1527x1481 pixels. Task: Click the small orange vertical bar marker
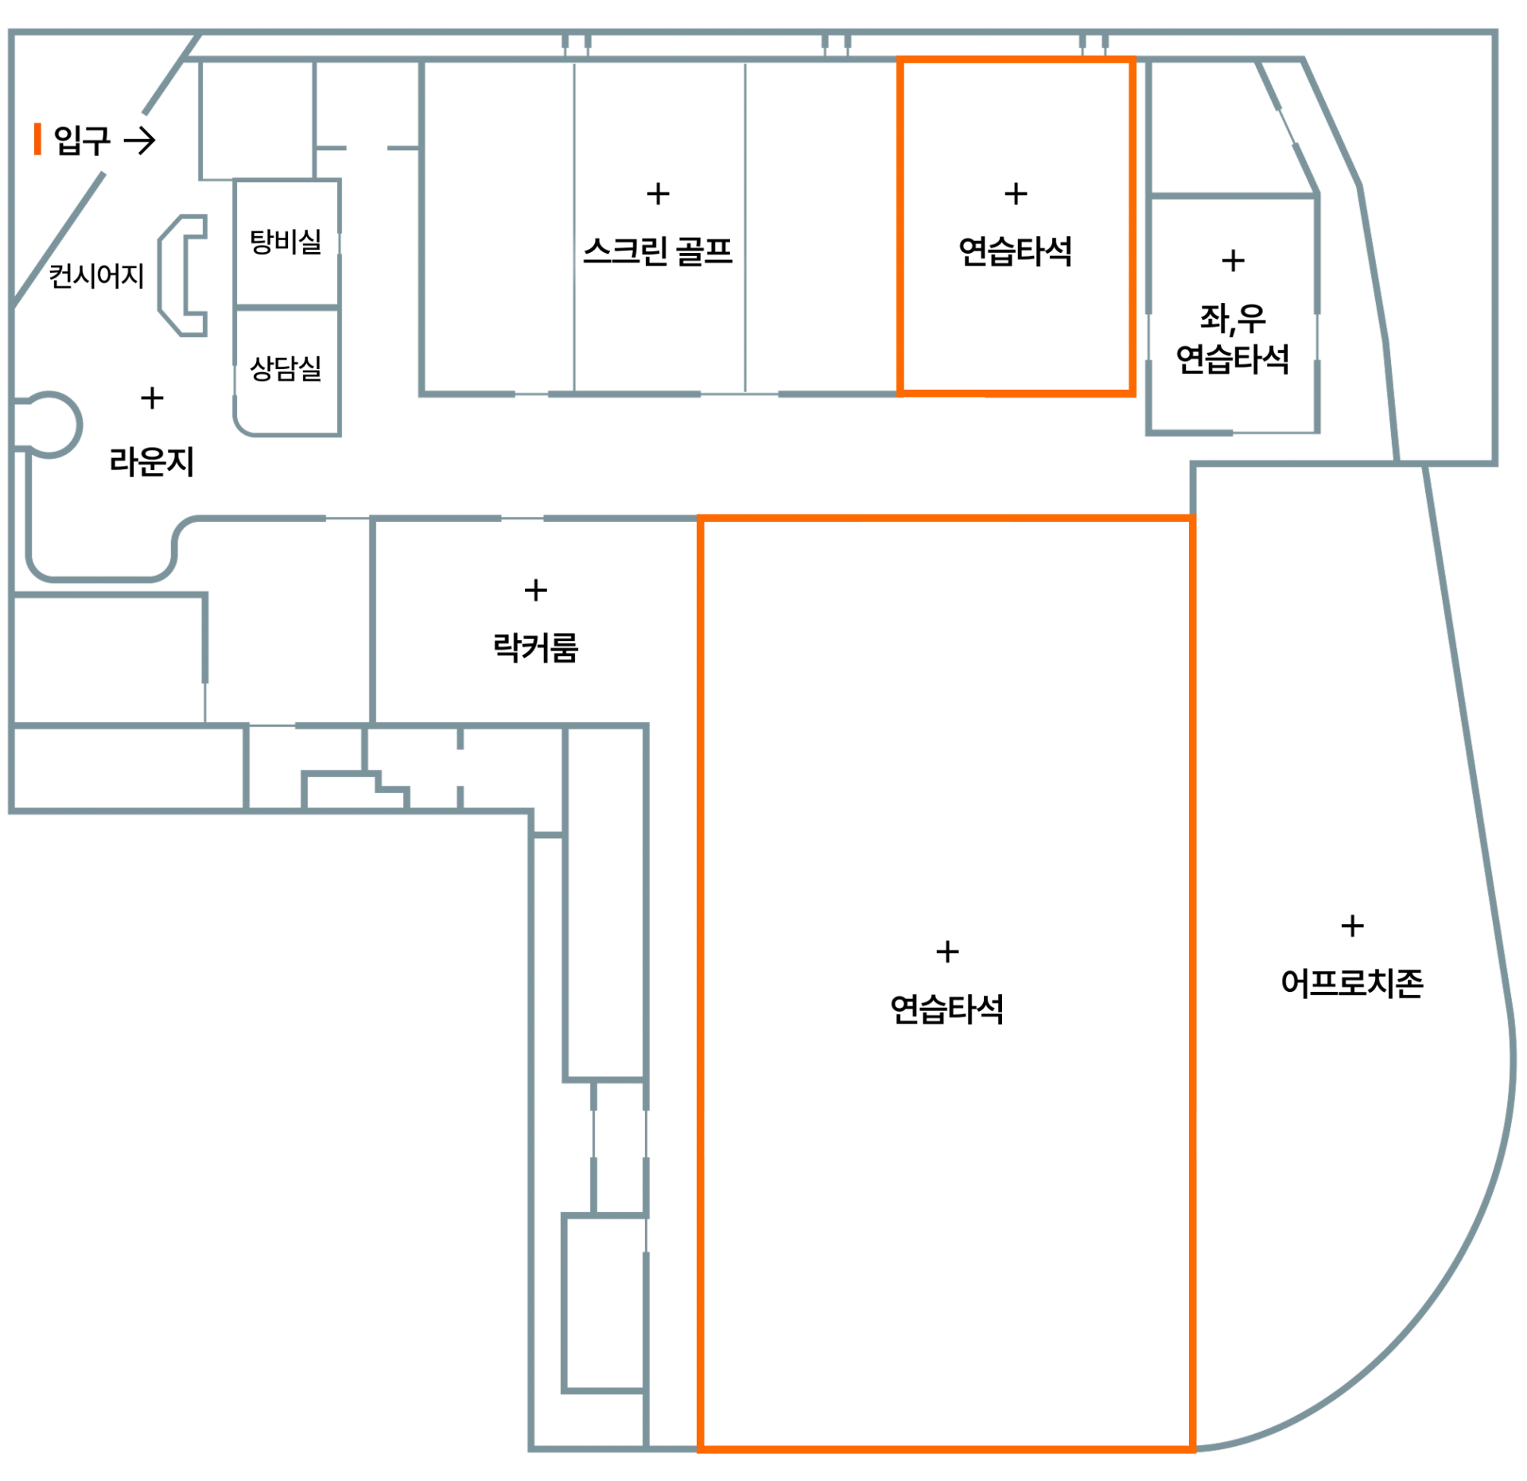pyautogui.click(x=37, y=138)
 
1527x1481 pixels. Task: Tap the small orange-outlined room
pyautogui.click(x=1016, y=226)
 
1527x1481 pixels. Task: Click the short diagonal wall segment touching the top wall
pyautogui.click(x=170, y=76)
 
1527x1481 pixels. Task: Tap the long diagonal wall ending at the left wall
pyautogui.click(x=60, y=239)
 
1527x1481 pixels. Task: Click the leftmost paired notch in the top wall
pyautogui.click(x=577, y=44)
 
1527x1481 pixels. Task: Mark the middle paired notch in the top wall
pyautogui.click(x=836, y=44)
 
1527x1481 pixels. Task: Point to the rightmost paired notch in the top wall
pyautogui.click(x=1094, y=44)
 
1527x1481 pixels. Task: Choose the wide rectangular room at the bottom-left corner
pyautogui.click(x=127, y=768)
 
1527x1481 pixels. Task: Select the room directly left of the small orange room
pyautogui.click(x=821, y=226)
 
